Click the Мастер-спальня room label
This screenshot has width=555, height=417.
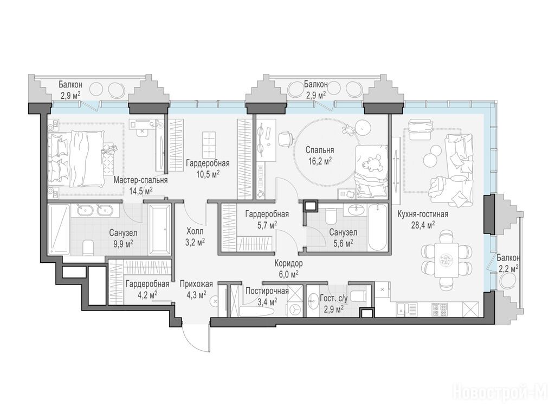coord(140,180)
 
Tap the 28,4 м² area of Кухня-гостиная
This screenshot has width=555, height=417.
coord(423,224)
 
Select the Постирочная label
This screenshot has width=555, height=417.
coord(267,291)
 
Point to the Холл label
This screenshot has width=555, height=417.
coord(195,231)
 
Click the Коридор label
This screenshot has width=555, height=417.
coord(288,263)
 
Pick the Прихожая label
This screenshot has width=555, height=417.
coord(196,283)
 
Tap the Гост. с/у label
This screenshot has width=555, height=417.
coord(333,299)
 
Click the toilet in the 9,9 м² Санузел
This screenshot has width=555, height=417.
coord(88,248)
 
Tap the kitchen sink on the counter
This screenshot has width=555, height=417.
coord(407,309)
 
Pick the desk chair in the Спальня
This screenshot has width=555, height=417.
coord(286,138)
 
